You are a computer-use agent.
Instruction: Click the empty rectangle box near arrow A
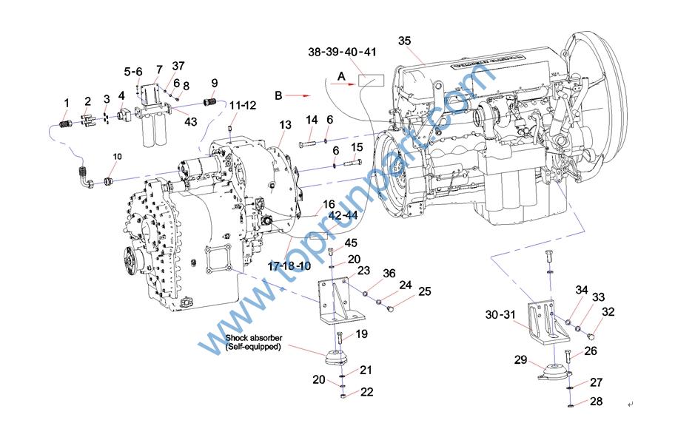(372, 81)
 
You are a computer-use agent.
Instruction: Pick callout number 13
(285, 126)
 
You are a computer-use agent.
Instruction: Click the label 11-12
(242, 106)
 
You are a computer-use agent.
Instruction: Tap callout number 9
(215, 82)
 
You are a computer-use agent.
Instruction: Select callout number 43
(190, 121)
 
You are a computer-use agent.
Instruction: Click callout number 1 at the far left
(66, 102)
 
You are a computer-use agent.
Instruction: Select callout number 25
(424, 291)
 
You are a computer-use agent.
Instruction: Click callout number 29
(521, 360)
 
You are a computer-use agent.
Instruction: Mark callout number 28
(597, 402)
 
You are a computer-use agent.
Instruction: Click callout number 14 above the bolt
(312, 120)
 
